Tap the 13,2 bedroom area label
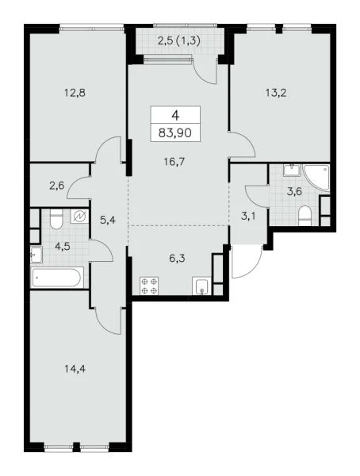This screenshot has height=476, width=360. click(x=275, y=90)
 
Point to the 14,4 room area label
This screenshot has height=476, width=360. click(x=75, y=367)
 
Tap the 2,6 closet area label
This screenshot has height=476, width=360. click(x=56, y=186)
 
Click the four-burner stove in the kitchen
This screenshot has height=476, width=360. click(x=148, y=286)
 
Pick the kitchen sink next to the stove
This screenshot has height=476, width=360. click(x=205, y=286)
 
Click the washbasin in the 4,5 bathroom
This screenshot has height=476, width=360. click(x=36, y=254)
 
